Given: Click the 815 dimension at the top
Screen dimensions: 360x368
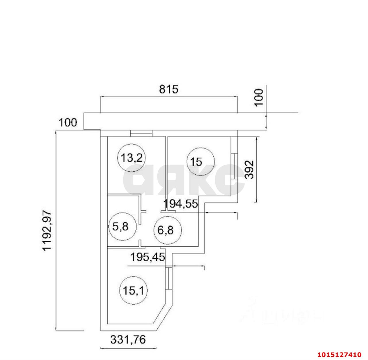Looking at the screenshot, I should click(x=169, y=89).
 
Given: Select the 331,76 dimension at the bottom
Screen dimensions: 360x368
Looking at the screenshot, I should click(x=128, y=340).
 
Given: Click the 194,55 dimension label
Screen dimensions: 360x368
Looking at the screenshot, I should click(x=181, y=204).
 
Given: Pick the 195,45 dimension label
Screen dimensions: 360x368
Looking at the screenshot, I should click(x=148, y=257).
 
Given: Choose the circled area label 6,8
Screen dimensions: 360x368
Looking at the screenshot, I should click(x=168, y=230).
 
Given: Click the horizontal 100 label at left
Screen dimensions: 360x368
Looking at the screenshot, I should click(x=68, y=123).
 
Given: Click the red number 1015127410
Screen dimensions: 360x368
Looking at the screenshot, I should click(x=339, y=354).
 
